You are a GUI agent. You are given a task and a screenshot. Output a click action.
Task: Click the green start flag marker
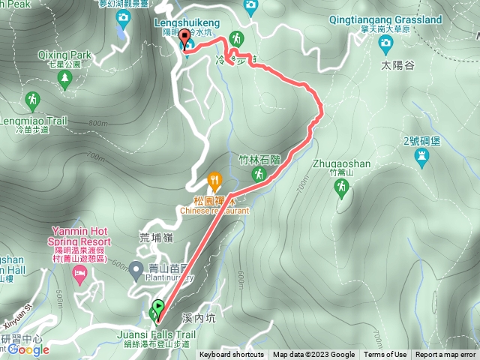coord(158,307)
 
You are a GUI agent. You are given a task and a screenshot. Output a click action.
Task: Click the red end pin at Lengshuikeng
coord(184,41)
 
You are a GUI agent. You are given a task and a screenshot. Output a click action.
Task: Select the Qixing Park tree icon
coord(64,78)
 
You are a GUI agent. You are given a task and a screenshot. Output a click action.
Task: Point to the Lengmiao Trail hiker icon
coord(32,99)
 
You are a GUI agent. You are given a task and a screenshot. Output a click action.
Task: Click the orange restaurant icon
coord(214,180)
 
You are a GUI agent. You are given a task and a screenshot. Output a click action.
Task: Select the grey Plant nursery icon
coord(136,268)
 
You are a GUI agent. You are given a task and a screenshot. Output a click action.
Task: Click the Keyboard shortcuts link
coord(231,355)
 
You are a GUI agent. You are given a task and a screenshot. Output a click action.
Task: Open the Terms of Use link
coord(385,355)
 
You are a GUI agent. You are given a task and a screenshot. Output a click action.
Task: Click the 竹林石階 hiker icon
coord(258,174)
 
